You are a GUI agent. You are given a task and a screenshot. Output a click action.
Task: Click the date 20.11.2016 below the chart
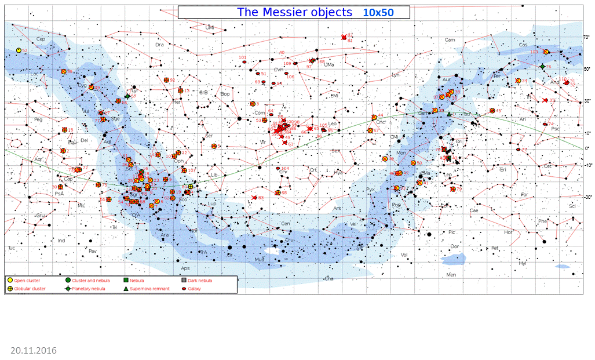[34, 350]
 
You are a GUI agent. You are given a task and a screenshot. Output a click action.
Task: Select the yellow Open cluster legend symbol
[10, 281]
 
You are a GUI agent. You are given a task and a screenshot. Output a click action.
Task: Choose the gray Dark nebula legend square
[183, 281]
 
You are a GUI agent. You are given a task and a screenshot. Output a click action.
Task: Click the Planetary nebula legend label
[89, 288]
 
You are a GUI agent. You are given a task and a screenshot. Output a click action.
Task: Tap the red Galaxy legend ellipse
[183, 288]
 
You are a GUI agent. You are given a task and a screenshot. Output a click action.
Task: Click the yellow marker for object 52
[19, 50]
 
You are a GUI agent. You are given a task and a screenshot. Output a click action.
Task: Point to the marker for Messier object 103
[546, 52]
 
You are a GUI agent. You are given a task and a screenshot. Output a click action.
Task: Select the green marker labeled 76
[542, 67]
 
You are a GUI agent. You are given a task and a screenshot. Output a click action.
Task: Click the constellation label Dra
[160, 45]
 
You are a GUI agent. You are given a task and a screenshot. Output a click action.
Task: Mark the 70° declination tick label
[586, 37]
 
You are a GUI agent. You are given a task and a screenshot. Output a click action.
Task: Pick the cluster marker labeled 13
[181, 90]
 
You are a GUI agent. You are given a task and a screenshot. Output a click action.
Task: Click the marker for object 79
[453, 189]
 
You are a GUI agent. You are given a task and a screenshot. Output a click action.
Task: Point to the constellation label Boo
[225, 94]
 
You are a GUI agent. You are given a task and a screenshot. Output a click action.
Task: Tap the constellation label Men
[451, 274]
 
